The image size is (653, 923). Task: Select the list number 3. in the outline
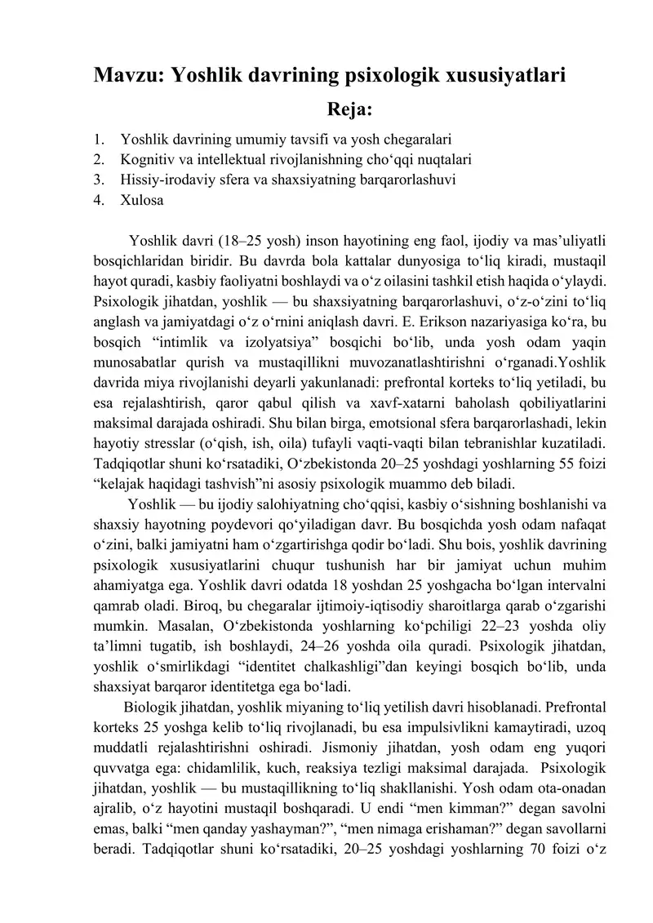[99, 178]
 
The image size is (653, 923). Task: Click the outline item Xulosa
[141, 199]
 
